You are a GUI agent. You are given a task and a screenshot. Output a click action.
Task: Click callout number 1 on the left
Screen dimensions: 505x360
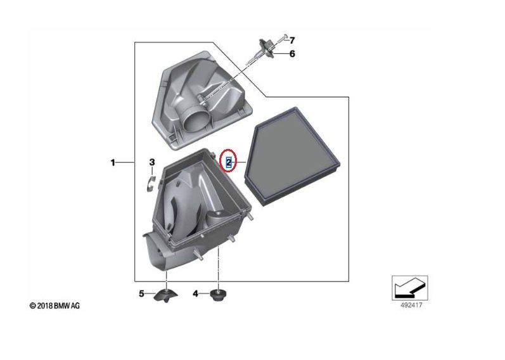(113, 162)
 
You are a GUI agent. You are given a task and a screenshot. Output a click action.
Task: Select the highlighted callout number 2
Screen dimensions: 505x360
(228, 162)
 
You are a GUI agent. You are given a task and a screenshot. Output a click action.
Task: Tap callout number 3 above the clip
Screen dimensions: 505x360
(152, 162)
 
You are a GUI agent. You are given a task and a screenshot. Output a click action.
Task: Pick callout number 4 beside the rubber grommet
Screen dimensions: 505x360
(196, 293)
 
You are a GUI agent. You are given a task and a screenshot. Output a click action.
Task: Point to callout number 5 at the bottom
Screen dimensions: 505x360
(141, 293)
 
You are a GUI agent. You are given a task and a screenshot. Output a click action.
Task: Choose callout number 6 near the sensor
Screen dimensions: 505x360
(292, 53)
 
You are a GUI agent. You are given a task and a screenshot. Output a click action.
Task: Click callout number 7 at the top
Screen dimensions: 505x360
(292, 41)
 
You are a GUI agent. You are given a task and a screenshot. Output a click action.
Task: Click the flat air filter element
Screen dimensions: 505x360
(293, 157)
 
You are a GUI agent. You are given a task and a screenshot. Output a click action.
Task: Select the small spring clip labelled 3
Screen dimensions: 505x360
(151, 184)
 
